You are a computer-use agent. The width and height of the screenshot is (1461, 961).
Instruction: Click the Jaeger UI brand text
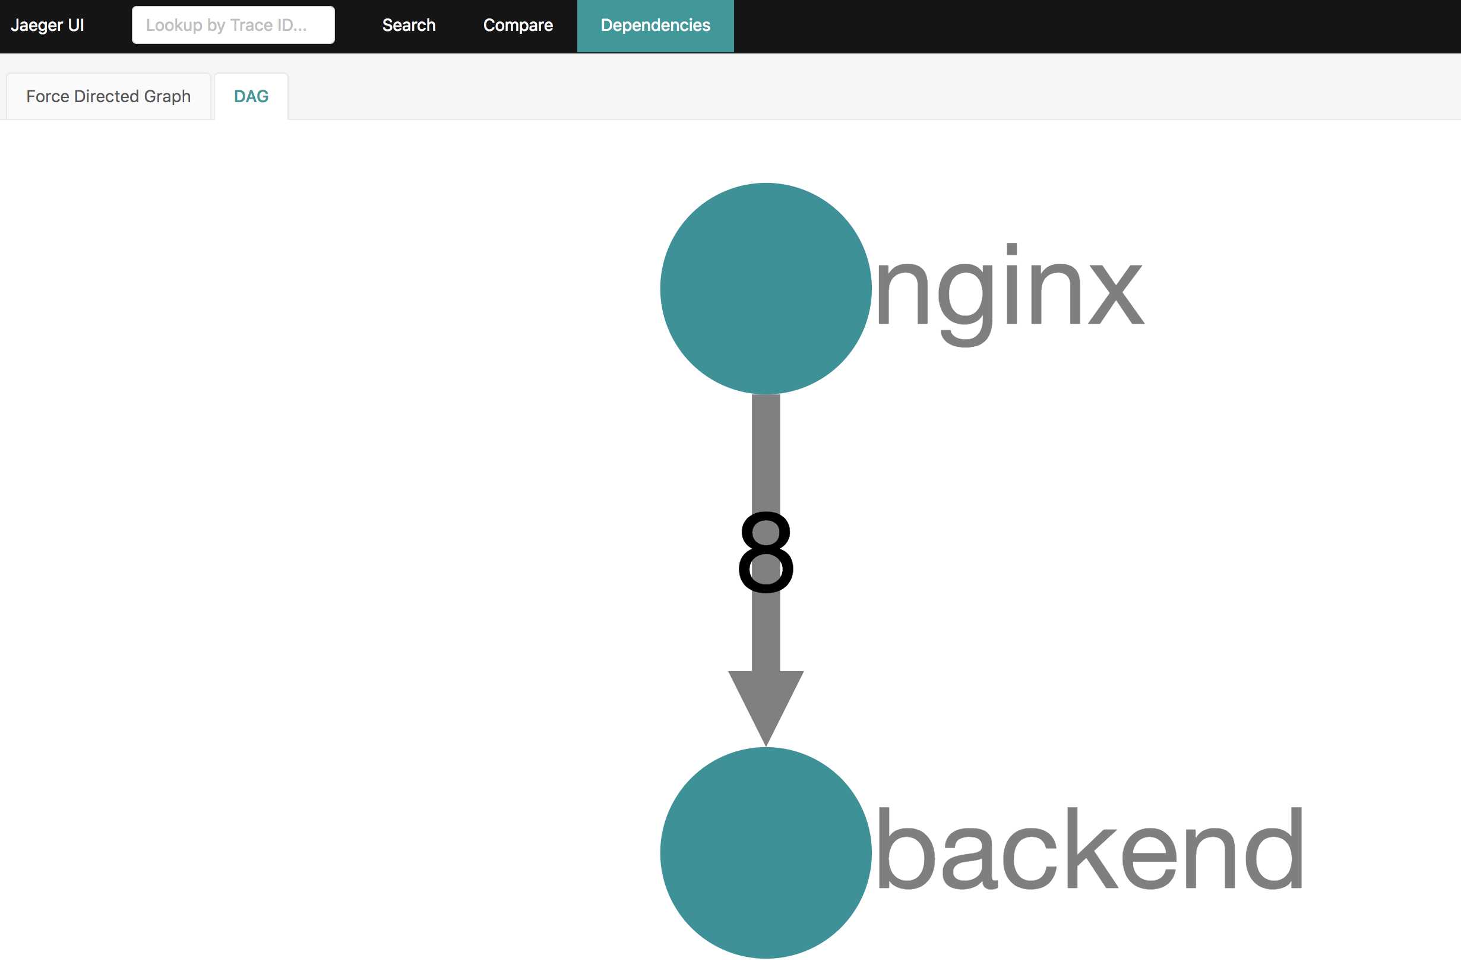point(48,25)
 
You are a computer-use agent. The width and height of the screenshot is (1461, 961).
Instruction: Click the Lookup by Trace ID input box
point(233,25)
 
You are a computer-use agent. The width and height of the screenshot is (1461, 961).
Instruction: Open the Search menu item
point(409,25)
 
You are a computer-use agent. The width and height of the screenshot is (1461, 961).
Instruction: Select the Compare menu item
point(518,25)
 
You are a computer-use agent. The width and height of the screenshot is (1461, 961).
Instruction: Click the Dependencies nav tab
point(656,26)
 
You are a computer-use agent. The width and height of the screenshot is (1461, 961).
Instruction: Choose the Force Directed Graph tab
point(109,96)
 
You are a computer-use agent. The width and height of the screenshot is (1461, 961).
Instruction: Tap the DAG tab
point(251,96)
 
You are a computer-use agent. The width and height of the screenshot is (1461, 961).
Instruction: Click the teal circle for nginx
point(766,289)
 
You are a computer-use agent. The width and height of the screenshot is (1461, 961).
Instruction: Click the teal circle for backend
point(766,853)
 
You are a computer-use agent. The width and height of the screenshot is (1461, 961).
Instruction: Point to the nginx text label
point(1010,295)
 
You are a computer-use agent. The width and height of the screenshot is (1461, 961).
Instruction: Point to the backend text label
point(1090,849)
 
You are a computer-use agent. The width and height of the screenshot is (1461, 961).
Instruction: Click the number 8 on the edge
point(766,552)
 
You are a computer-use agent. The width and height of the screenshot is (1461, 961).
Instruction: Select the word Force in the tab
point(48,96)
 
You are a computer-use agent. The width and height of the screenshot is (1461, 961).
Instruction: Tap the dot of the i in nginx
point(1011,249)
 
